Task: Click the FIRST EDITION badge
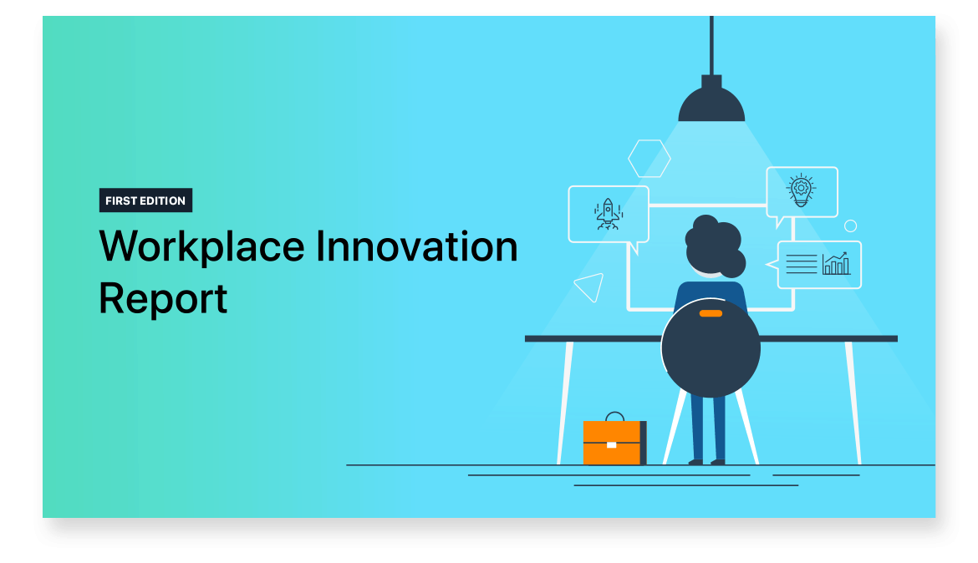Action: [145, 200]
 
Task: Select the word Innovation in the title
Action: [416, 246]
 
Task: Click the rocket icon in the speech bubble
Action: [609, 214]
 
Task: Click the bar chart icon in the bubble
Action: [836, 264]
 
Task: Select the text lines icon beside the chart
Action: [802, 264]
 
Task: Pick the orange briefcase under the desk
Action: [614, 443]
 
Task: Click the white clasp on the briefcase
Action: [611, 444]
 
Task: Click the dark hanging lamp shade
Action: [711, 99]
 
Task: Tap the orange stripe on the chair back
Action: [711, 313]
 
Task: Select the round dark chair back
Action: [711, 347]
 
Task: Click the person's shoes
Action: [706, 462]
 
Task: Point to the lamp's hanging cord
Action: [711, 45]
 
